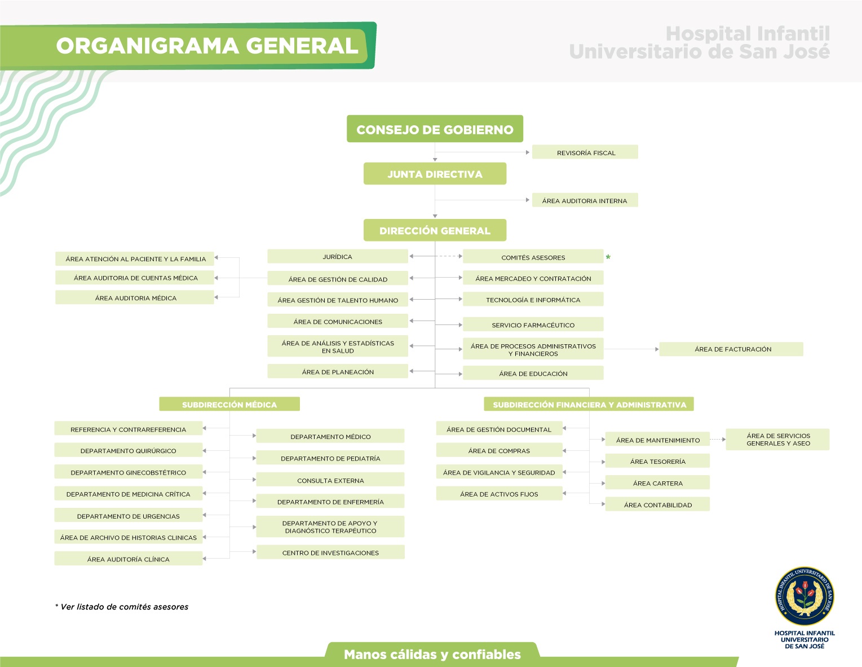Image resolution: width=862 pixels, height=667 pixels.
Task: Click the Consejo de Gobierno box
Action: coord(435,129)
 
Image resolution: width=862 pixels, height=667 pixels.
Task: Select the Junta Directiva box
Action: coord(435,173)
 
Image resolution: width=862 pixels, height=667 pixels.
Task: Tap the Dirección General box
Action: coord(435,230)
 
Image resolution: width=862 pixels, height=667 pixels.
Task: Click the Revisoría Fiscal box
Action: coord(585,152)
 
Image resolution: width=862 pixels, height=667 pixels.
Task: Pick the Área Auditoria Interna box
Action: coord(585,200)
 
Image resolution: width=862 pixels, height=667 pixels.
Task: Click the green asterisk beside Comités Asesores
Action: coord(608,257)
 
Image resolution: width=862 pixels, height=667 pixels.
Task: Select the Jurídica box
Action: coord(338,257)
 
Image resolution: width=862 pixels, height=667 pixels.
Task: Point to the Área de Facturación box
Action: coord(731,349)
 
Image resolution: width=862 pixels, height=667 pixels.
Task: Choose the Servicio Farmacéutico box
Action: coord(533,324)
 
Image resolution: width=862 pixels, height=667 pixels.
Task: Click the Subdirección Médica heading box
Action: coord(229,404)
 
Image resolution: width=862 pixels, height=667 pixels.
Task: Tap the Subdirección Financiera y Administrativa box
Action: coord(589,404)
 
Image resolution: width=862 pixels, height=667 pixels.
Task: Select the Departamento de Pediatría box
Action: coord(330,458)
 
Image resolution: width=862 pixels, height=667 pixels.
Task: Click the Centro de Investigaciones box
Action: coord(330,552)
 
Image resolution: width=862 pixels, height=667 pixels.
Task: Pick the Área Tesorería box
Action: coord(657,461)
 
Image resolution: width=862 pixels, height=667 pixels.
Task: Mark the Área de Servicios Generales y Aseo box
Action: coord(777,439)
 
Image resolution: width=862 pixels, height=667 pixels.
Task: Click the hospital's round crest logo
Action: coord(804,596)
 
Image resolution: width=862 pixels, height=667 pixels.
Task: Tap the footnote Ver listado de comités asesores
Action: coord(122,607)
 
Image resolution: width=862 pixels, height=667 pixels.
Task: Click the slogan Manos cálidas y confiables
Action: coord(432,654)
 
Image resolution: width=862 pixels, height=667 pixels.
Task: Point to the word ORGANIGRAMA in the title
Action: coord(147,46)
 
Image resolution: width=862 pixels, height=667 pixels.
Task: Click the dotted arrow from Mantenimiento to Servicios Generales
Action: coord(718,440)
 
